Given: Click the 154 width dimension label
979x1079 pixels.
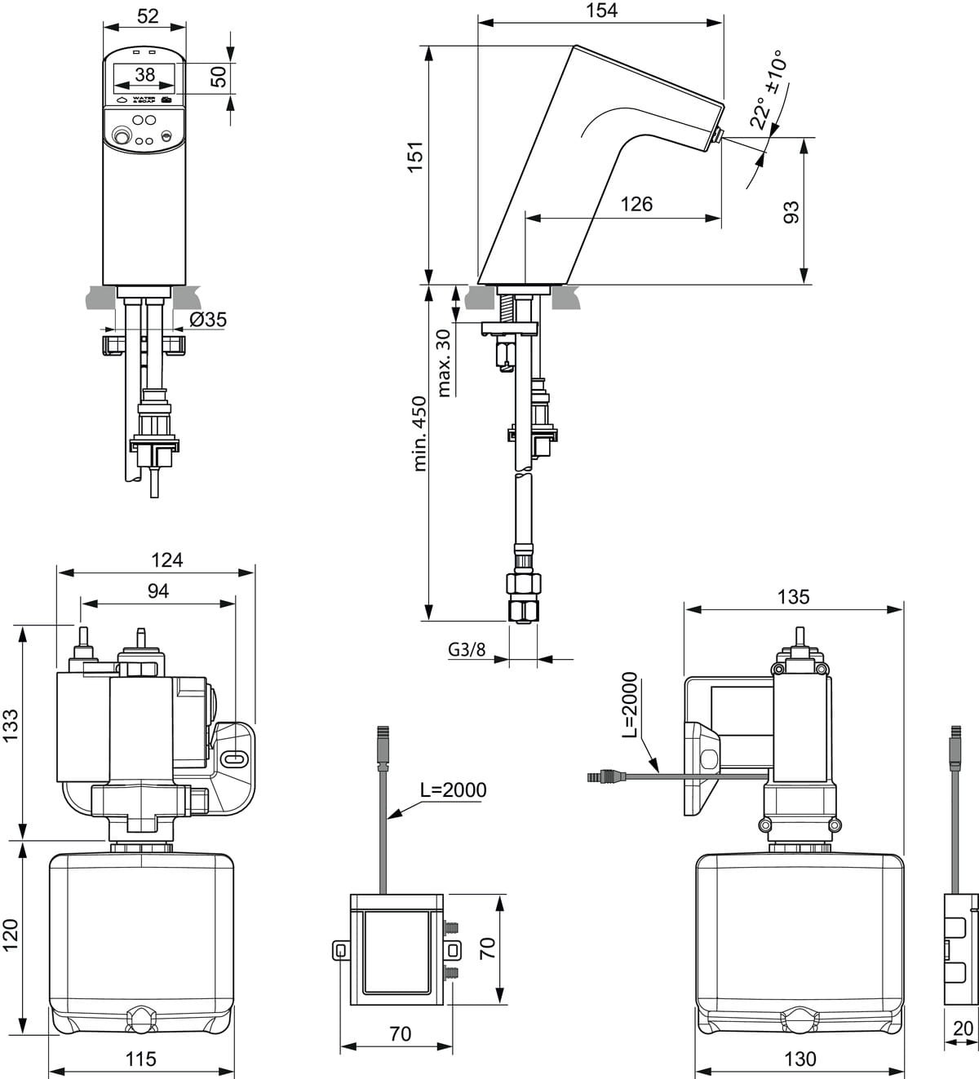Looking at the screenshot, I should coord(601,11).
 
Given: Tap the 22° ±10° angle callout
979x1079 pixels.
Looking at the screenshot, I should coord(768,91).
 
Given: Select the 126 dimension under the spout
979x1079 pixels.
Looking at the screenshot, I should coord(636,204).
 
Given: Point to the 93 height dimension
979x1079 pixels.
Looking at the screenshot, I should coord(791,212).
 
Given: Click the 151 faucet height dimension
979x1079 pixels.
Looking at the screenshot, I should coord(415,157).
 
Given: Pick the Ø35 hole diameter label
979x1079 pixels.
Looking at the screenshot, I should coord(207,319).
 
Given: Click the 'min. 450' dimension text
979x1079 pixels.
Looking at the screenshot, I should coord(419,433).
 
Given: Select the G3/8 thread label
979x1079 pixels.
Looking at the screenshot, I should coord(467,649).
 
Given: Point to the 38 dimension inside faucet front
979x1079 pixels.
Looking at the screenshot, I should coord(144,74).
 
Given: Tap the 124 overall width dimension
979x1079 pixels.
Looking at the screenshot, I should coord(166,559).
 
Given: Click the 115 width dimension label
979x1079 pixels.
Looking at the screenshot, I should coord(140,1059).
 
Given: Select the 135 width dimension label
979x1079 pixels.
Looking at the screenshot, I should coord(793,597).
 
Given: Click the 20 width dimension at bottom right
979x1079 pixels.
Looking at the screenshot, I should coord(963,1029).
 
